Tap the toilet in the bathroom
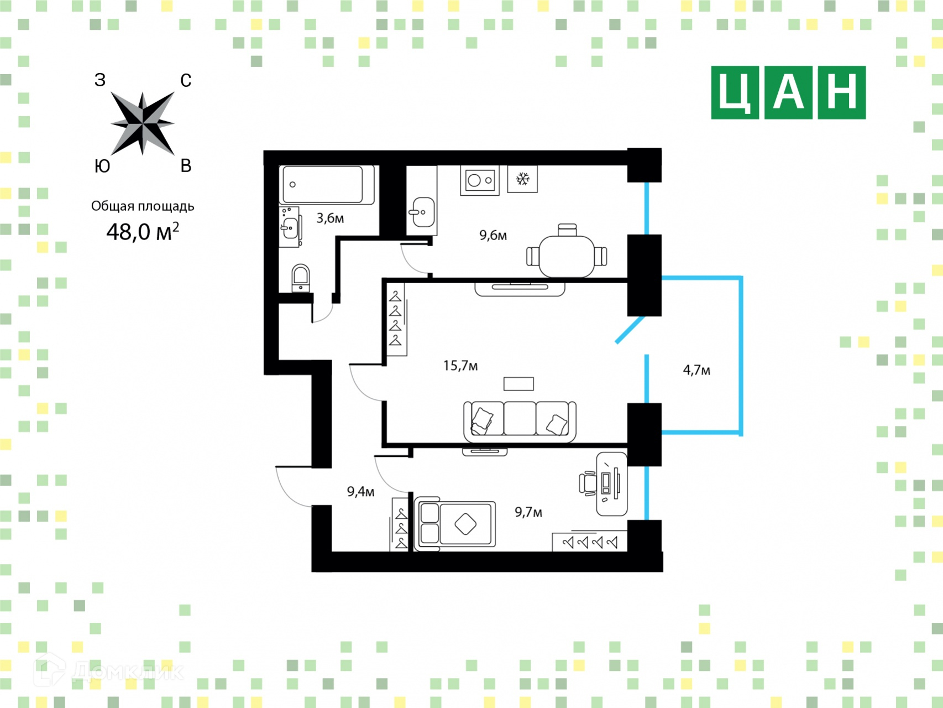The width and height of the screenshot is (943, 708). coord(301,278)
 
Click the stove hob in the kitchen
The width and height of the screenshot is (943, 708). coord(480,180)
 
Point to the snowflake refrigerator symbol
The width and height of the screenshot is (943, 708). coord(522,179)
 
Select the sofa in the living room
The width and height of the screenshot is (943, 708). coord(520,421)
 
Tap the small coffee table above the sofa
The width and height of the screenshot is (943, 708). coord(518,383)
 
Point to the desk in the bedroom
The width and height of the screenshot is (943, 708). coord(612,483)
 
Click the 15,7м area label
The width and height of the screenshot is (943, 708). coord(460,366)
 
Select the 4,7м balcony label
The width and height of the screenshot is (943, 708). coord(696,370)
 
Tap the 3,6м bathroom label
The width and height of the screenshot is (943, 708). coord(330,218)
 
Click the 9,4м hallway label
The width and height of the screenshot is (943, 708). coord(360,491)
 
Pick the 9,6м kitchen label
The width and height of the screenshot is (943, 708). coord(493,235)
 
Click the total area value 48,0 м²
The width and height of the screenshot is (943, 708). coord(142,231)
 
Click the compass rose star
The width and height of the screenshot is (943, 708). coord(143,123)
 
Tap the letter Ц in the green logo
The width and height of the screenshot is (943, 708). coord(735,93)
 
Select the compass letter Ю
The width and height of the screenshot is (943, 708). coord(102,166)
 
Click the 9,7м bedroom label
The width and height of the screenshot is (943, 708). coord(528,512)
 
